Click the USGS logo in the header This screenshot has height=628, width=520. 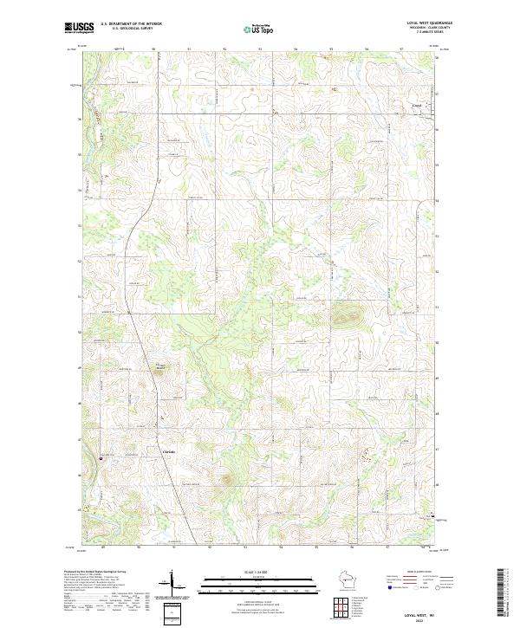(80, 28)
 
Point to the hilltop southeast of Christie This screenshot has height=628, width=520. (227, 478)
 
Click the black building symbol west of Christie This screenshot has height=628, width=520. (101, 457)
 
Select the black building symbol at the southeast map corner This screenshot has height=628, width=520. (433, 516)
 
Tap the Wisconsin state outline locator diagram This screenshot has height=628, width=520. (347, 581)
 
